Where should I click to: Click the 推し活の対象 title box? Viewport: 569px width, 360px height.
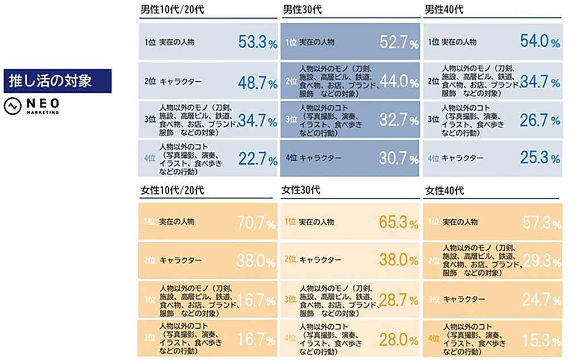pos(57,81)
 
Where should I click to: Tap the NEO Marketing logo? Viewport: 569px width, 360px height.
pos(32,107)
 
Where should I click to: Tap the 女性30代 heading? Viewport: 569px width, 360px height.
pos(300,189)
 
